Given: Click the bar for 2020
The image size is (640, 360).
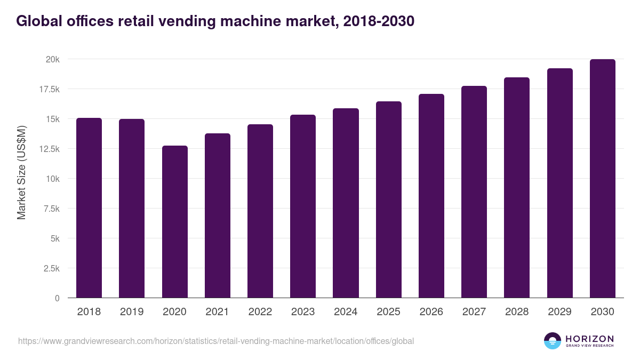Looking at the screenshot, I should point(174,221).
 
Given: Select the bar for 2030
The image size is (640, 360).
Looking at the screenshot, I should point(602,179).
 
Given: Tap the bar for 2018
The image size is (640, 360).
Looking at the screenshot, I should point(89,208).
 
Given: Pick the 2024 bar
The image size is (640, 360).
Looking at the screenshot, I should point(346,203).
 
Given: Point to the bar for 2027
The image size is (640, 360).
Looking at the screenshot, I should point(474,192).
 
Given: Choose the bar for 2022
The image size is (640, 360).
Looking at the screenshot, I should point(260,211).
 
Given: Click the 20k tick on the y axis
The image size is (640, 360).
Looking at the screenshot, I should point(52,59).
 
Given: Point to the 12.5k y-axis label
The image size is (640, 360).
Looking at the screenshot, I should point(49,149).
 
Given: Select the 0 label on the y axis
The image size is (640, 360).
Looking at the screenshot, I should point(57,298).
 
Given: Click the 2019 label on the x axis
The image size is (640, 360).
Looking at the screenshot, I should point(132,312).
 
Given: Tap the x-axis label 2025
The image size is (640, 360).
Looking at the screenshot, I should point(388,312).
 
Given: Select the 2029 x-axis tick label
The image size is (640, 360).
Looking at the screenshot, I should point(559,312).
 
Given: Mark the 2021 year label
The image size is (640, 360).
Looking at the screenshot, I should point(217,312).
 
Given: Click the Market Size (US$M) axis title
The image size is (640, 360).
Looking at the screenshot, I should point(21,172).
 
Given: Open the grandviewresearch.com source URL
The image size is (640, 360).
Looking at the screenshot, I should point(216,341).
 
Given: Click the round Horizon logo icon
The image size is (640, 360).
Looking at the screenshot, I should point(553,341).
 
